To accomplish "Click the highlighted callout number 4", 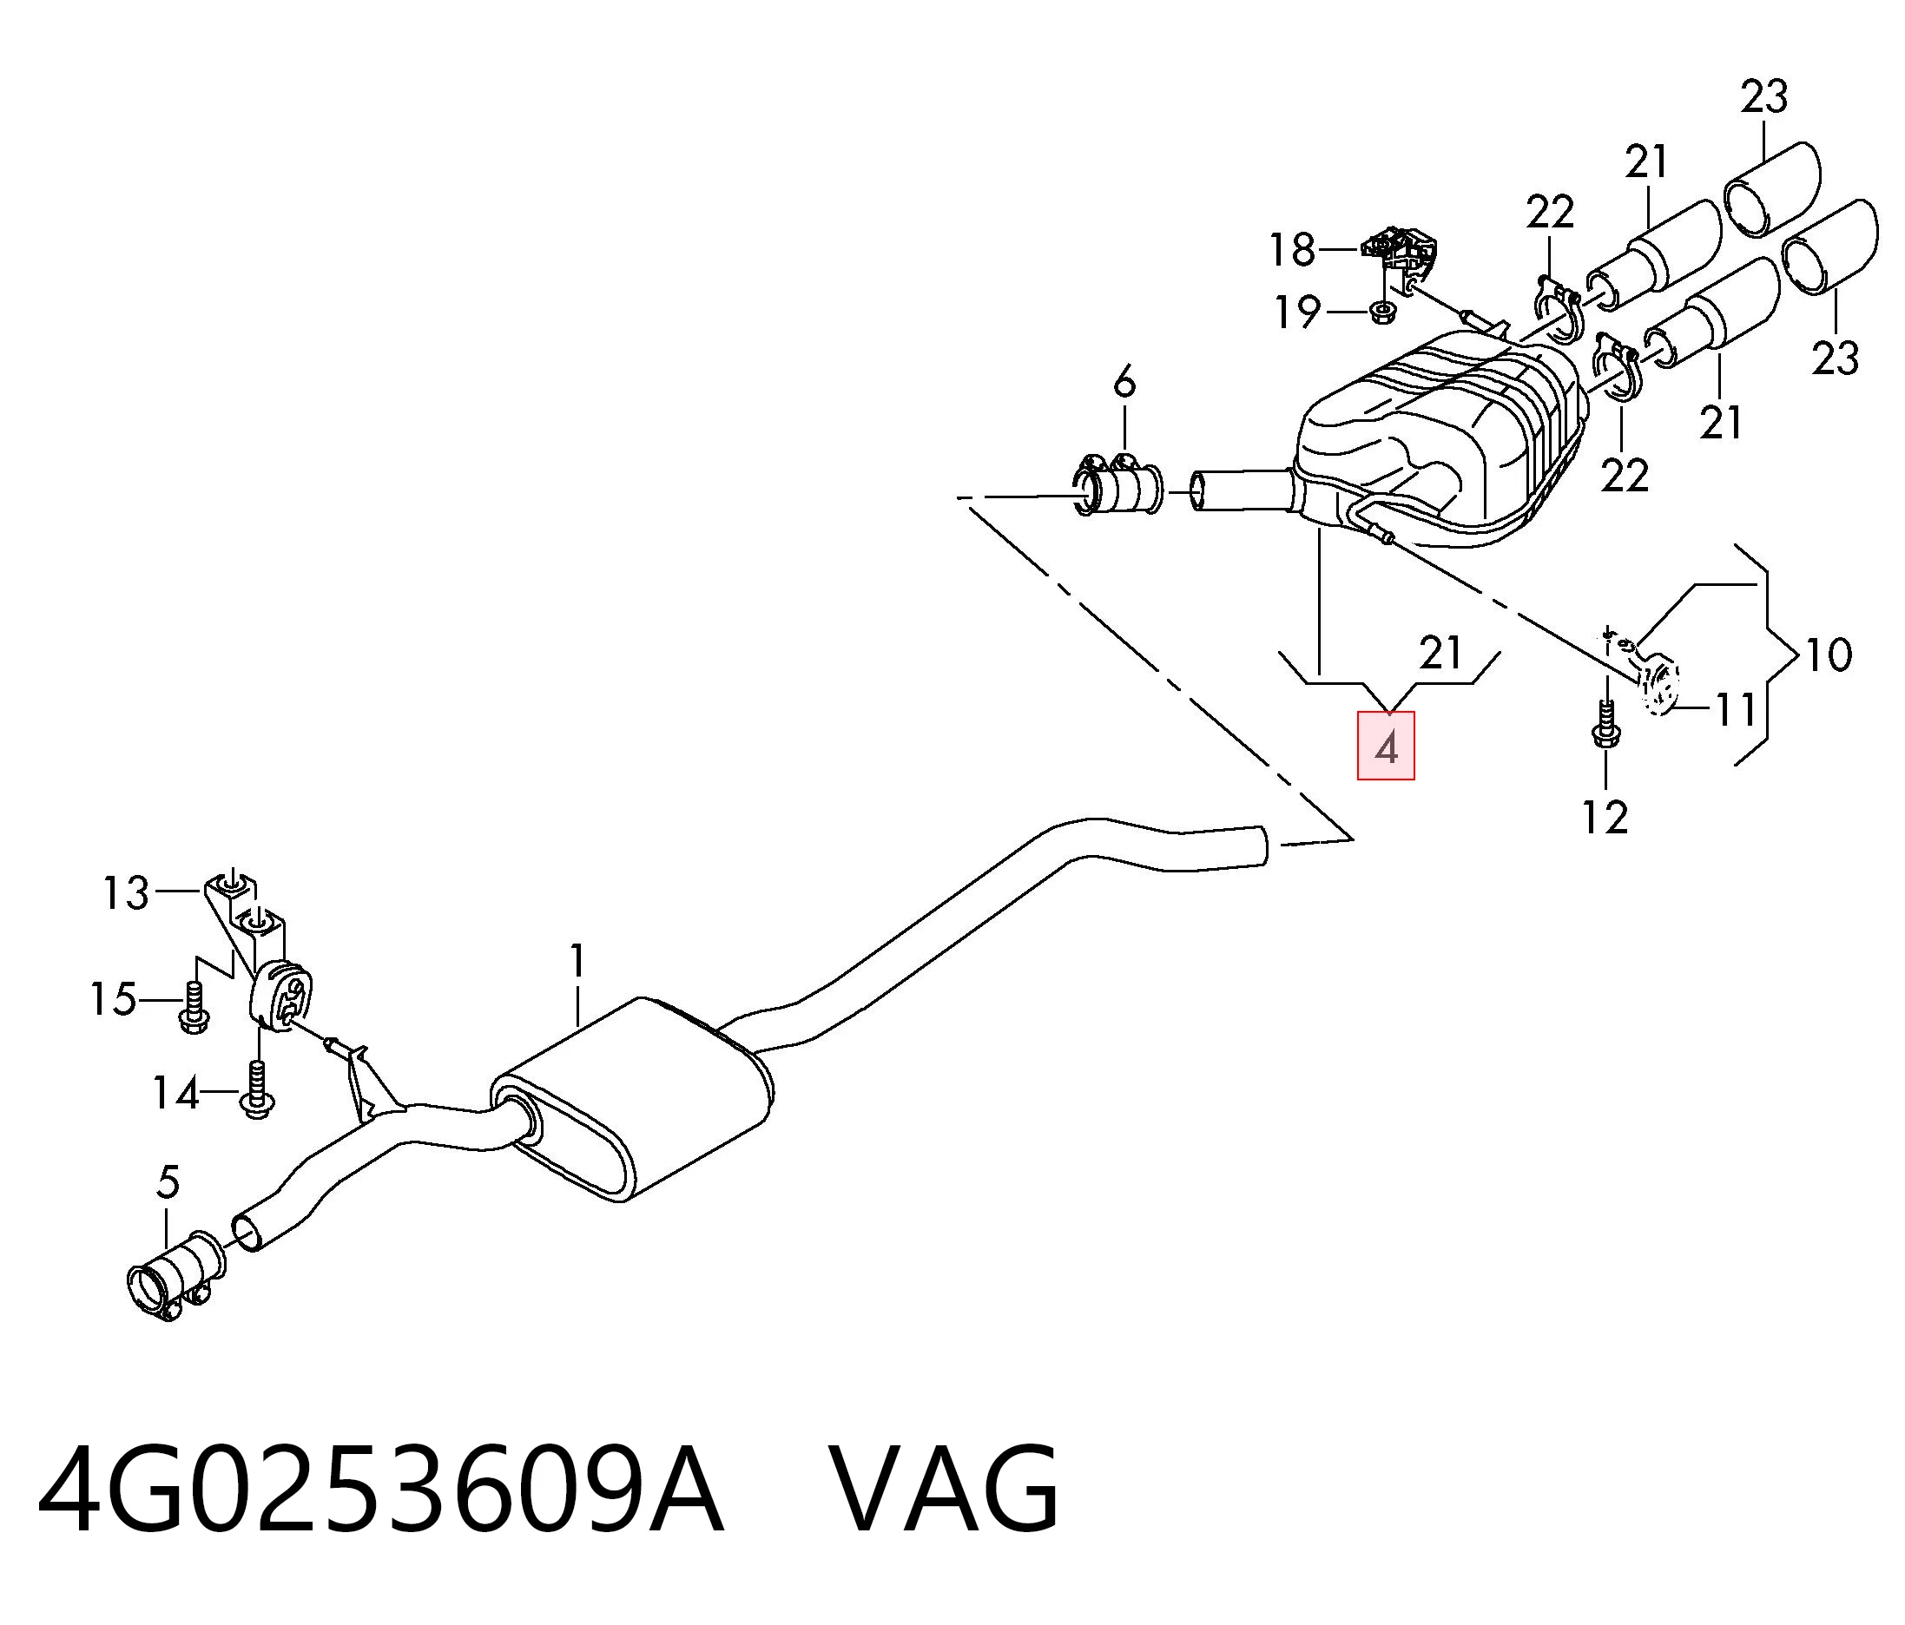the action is point(1386,747).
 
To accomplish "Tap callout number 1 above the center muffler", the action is point(577,962).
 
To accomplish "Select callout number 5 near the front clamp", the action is point(168,1183).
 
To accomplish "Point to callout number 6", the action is point(1124,381).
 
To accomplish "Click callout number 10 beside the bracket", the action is point(1828,655).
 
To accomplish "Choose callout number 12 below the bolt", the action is point(1605,816).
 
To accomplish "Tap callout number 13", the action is point(125,892).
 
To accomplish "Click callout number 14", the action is point(175,1094).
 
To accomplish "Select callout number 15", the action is point(113,999).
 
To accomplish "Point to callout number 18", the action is point(1293,249).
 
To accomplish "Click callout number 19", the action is point(1297,312).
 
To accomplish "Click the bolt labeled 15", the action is point(194,1007).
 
